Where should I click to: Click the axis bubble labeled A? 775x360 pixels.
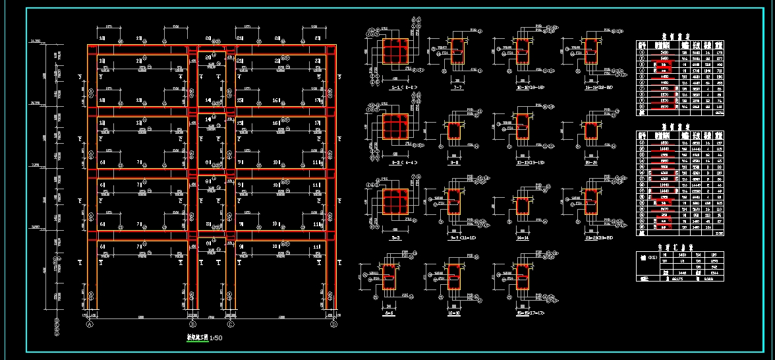point(90,324)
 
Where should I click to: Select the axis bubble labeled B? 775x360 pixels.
point(192,324)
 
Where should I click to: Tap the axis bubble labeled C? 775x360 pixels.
point(231,324)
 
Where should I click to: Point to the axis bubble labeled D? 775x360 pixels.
point(333,324)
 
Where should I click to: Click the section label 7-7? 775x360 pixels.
point(454,87)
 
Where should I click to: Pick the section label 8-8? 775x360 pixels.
point(454,162)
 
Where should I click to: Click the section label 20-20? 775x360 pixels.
point(590,162)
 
